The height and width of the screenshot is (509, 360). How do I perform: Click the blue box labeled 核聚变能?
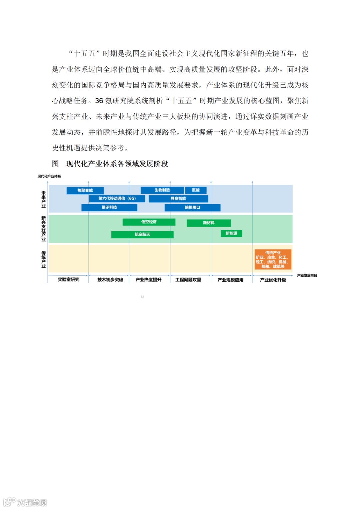(x=85, y=190)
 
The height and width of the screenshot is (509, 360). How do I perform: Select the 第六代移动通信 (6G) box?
(x=117, y=198)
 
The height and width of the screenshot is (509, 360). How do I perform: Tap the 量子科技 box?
(x=109, y=207)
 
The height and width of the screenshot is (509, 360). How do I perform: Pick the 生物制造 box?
(x=162, y=190)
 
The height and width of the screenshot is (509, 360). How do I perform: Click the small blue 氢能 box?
(x=196, y=190)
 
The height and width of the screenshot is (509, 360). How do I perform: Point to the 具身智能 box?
(x=178, y=199)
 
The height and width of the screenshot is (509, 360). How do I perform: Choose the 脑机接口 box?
(x=192, y=207)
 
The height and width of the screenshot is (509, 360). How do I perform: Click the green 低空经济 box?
(x=149, y=222)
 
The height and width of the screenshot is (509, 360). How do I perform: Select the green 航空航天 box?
(x=142, y=234)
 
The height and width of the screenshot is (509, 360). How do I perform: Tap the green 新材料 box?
(x=209, y=223)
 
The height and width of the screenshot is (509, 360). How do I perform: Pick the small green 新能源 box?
(x=231, y=233)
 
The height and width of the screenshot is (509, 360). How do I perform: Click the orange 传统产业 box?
(x=273, y=259)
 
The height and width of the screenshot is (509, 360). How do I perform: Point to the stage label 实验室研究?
(x=68, y=280)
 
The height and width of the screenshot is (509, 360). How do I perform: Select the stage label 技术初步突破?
(x=110, y=280)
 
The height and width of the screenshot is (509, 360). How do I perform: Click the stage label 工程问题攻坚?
(x=188, y=280)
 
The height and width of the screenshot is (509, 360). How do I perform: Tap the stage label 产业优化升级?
(x=273, y=280)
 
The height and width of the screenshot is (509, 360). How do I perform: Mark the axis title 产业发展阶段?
(x=307, y=275)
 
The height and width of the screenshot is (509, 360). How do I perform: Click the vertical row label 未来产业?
(x=43, y=199)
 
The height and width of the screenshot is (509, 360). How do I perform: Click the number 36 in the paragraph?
(x=99, y=101)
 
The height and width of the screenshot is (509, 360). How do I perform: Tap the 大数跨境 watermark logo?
(x=25, y=502)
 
